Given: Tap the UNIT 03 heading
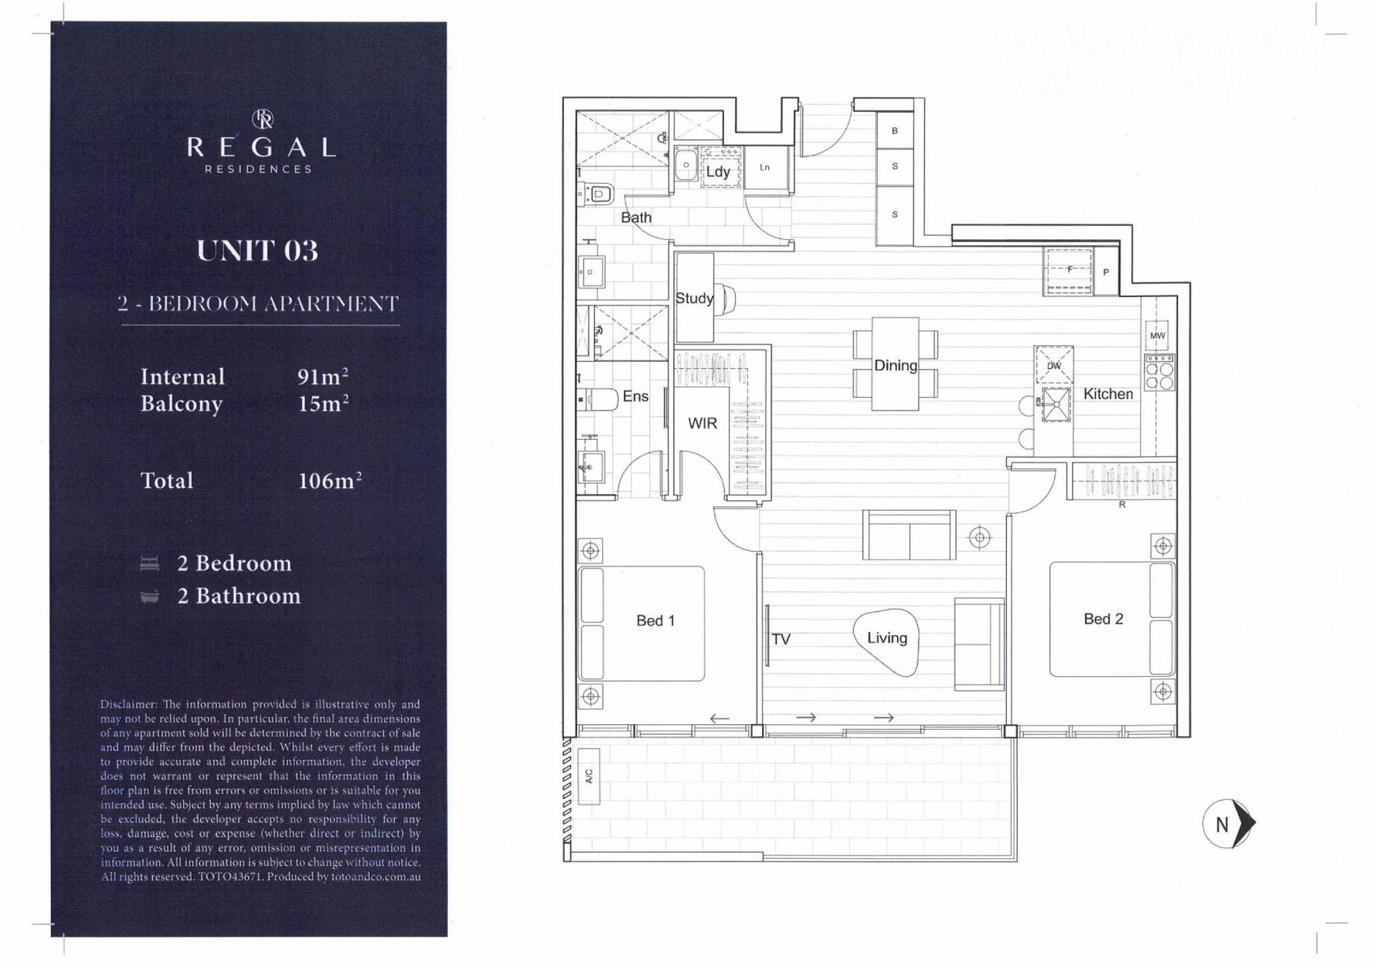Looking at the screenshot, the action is coord(258,250).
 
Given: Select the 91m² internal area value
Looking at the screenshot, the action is coord(323,376).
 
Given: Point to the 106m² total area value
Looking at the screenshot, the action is coord(329,480).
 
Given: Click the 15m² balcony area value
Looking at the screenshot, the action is coord(323,403).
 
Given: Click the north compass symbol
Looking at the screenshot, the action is coord(1229,824).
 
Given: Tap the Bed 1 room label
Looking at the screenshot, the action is coord(655,621).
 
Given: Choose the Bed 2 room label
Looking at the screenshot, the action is coord(1103,619).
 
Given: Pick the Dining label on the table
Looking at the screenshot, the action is coord(895,365).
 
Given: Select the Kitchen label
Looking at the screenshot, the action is coord(1108,394).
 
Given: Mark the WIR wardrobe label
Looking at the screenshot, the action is coord(702,423).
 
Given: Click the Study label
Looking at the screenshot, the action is coord(694,299).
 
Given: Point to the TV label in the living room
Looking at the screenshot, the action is coord(781,639).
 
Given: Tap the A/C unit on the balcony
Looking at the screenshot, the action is coord(589,776).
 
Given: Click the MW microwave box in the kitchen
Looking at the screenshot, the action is coord(1158,335).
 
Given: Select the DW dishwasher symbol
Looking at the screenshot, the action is coord(1054,365).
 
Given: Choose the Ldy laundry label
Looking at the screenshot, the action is coord(718,172).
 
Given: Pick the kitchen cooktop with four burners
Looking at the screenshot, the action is coord(1160,372).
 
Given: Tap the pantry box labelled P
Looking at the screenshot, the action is coord(1106,272).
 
